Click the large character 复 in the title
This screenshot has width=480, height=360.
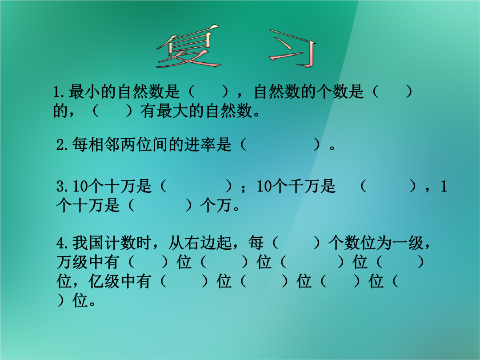(188, 47)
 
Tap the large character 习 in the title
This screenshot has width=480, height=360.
(292, 48)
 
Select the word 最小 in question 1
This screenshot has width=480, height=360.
(84, 92)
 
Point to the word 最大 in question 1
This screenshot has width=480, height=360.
(172, 111)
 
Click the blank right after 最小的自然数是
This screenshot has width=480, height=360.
(208, 92)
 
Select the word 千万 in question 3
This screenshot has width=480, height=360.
(304, 186)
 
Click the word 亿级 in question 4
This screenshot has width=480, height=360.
(104, 281)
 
